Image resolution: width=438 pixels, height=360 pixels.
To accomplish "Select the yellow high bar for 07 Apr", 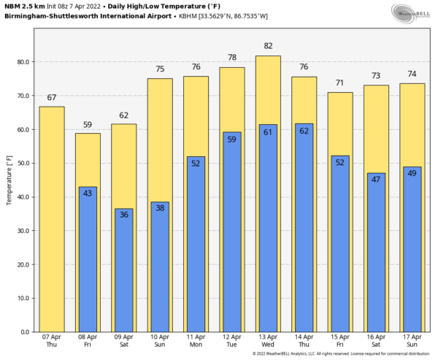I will (51, 219).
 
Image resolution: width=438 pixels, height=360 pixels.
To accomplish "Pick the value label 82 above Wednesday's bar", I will (268, 46).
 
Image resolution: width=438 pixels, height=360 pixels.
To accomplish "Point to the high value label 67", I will (51, 98).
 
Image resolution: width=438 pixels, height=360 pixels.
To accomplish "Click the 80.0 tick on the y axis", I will (21, 62).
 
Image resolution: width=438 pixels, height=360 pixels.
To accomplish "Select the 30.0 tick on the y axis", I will (21, 231).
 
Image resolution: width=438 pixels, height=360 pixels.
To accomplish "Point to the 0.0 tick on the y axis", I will (23, 332).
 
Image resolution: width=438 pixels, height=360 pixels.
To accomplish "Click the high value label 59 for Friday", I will (88, 125).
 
